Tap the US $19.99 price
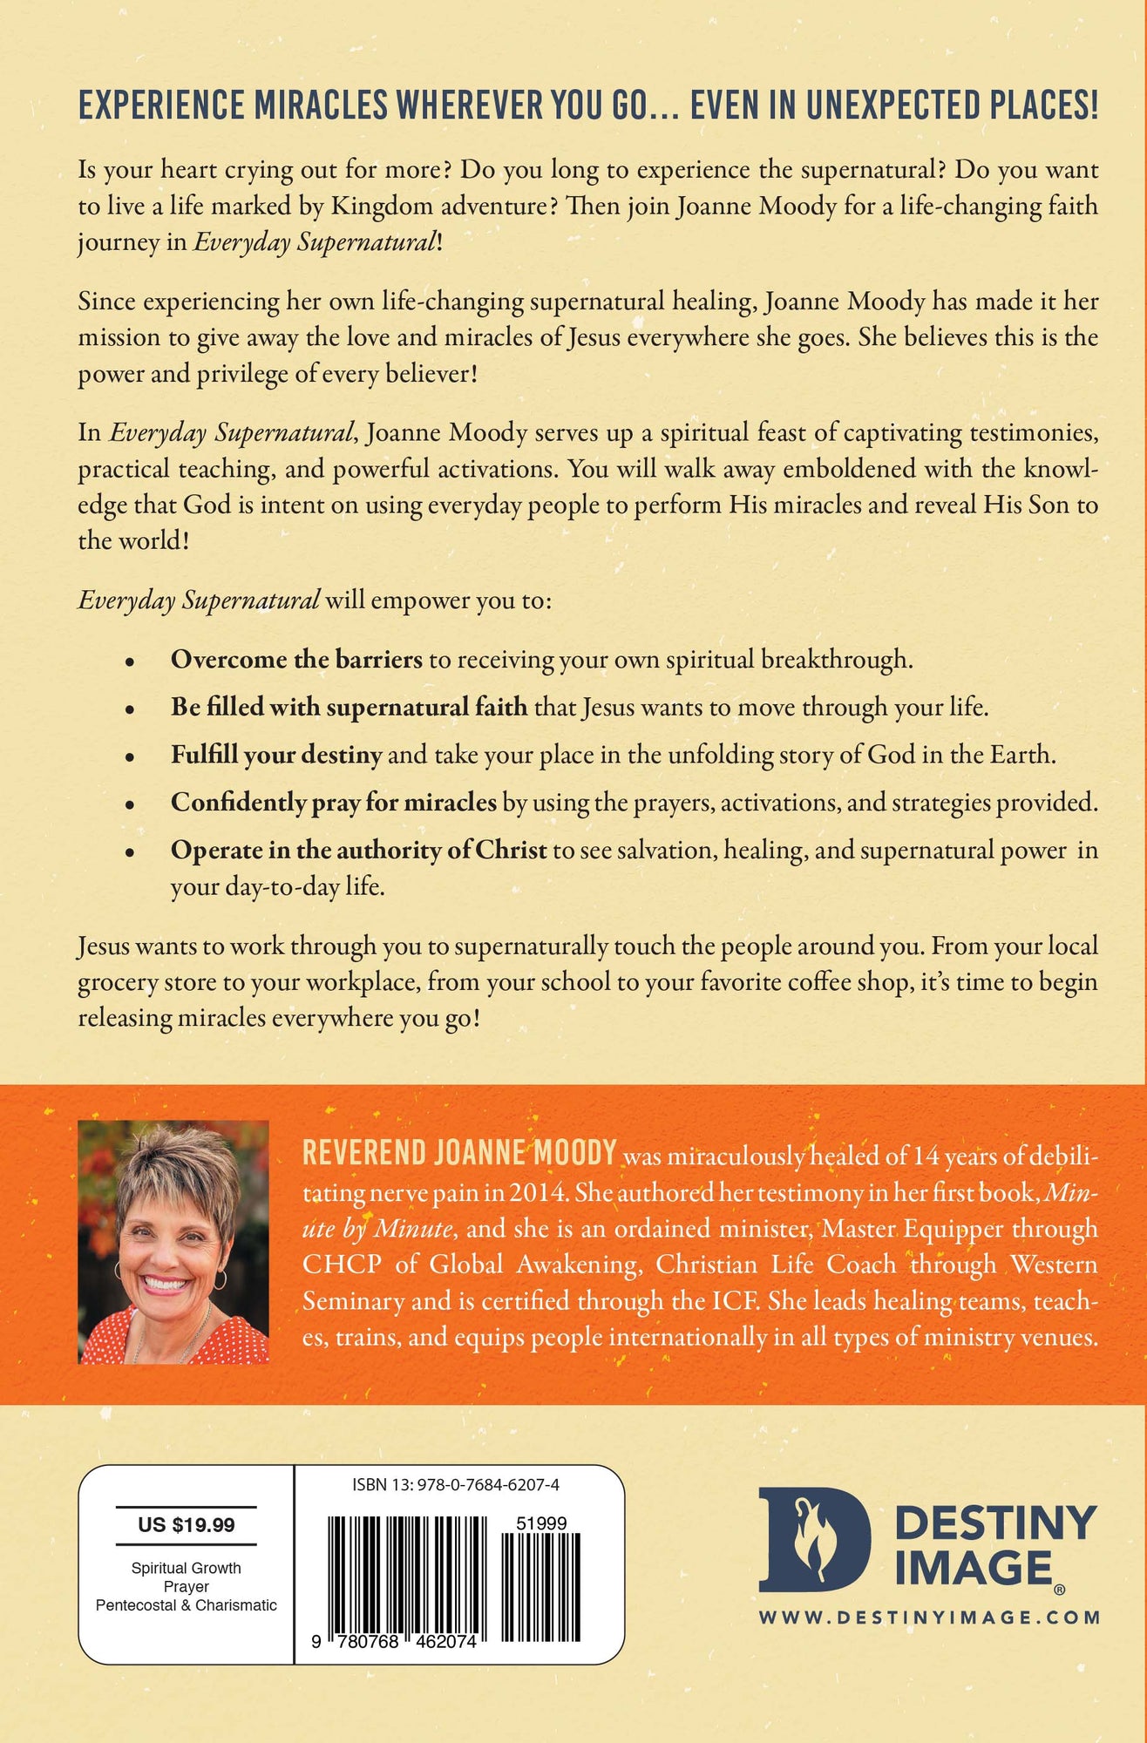point(186,1525)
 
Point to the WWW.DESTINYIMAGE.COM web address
point(929,1618)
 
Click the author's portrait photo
point(173,1242)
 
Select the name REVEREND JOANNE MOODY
point(459,1152)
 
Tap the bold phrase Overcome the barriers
point(296,660)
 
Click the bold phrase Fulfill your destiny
point(276,755)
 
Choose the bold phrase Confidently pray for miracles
point(333,802)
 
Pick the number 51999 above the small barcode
point(541,1523)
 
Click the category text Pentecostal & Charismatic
point(186,1605)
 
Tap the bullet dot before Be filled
point(130,709)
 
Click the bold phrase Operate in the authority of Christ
point(358,850)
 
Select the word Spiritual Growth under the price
point(186,1568)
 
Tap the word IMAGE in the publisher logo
point(974,1568)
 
